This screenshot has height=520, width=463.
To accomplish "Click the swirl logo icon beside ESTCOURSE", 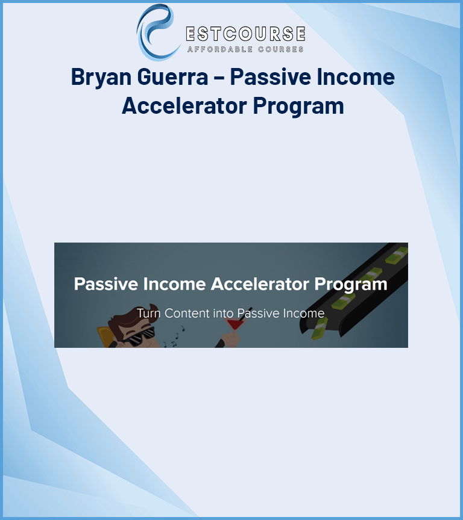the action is pyautogui.click(x=156, y=32).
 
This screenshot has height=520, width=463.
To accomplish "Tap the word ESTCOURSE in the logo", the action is pyautogui.click(x=245, y=34).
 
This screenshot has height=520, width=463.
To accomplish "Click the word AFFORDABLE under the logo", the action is pyautogui.click(x=220, y=49).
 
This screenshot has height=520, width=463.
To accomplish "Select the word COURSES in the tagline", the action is pyautogui.click(x=281, y=49).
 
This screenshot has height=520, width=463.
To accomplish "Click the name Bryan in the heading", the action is pyautogui.click(x=101, y=77).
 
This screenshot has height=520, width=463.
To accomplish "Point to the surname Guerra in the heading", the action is pyautogui.click(x=172, y=76).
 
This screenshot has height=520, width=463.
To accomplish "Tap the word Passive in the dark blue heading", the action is pyautogui.click(x=270, y=76).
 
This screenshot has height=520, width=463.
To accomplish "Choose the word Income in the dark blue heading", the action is pyautogui.click(x=356, y=76).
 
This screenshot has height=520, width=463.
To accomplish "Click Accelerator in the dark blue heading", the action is pyautogui.click(x=184, y=106).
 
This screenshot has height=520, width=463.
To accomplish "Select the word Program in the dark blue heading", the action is pyautogui.click(x=298, y=107).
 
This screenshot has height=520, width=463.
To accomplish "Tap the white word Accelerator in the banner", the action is pyautogui.click(x=260, y=284).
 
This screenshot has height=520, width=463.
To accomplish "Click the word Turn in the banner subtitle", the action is pyautogui.click(x=149, y=314).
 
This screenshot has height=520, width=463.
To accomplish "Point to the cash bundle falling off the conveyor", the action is pyautogui.click(x=319, y=329).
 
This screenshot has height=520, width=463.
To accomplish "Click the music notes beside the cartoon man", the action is pyautogui.click(x=174, y=336).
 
